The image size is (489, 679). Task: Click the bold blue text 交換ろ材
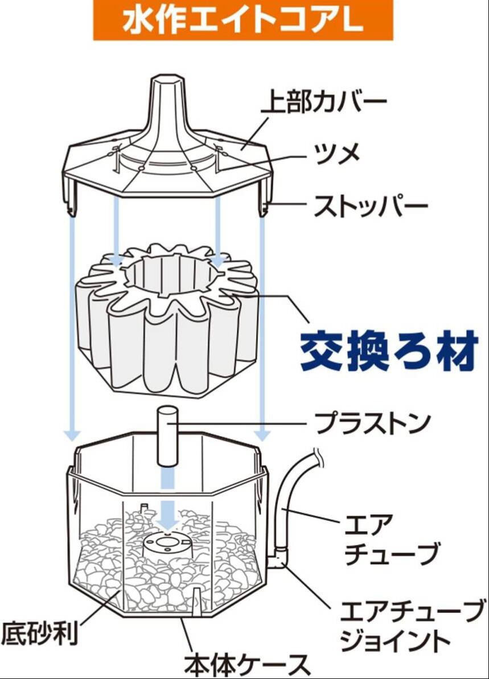click(x=388, y=349)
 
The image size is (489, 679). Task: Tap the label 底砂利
click(x=39, y=632)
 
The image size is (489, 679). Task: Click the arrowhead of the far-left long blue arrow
click(x=72, y=435)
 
